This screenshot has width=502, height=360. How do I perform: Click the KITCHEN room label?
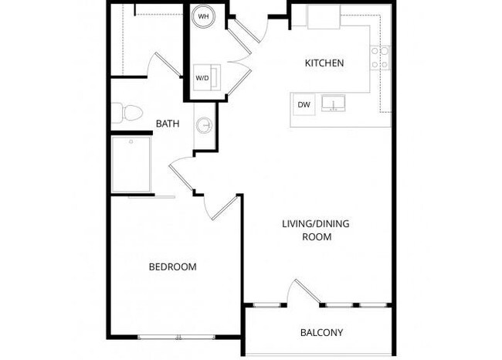pos(324,63)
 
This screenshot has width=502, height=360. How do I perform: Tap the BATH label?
pos(168,123)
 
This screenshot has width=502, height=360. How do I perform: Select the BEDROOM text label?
pos(172,267)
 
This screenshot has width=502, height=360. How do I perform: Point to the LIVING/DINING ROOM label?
pos(317,230)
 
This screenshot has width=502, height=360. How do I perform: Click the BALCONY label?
pos(321,333)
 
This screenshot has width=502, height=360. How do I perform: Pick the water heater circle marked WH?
pos(204,16)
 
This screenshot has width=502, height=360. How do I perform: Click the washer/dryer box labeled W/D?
pos(203,77)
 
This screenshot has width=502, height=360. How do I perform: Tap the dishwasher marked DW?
pos(304,104)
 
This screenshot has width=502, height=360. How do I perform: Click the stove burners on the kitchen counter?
pos(381,57)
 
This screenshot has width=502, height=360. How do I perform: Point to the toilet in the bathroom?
pos(127,114)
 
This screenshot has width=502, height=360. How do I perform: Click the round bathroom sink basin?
pos(205,124)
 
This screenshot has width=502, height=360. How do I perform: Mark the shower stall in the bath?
pos(131,164)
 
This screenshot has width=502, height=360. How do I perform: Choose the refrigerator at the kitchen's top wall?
pos(324,16)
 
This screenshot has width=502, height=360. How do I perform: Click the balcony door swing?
pos(297,292)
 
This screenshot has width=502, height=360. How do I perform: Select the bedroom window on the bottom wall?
pos(178,337)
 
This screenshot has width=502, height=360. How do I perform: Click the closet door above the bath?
pos(166,65)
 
